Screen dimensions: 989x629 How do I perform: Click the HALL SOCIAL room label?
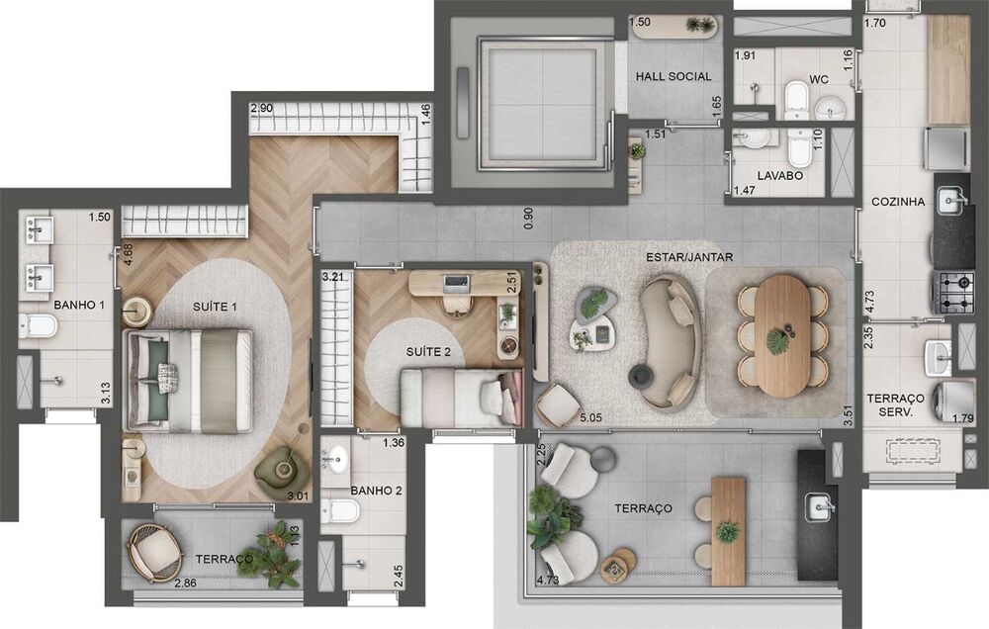tap(673, 76)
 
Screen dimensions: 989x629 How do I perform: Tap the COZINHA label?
tap(898, 202)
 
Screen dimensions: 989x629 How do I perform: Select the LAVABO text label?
tap(779, 175)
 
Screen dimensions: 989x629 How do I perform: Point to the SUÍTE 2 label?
tap(428, 351)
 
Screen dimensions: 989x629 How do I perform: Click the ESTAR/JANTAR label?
tap(689, 257)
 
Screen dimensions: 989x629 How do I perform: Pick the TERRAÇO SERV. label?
tap(896, 405)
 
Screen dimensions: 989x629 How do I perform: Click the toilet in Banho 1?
tap(38, 326)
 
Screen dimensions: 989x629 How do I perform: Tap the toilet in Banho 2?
tap(340, 510)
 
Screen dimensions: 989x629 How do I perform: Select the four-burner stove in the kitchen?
tap(953, 292)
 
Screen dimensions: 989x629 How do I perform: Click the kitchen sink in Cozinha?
tap(951, 201)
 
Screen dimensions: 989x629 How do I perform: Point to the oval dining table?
tap(782, 335)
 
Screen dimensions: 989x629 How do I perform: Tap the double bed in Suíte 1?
tap(189, 381)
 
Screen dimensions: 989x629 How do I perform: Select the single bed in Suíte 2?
tap(462, 398)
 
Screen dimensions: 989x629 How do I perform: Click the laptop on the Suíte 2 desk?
tap(456, 284)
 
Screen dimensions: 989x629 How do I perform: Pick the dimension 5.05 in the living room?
tap(591, 417)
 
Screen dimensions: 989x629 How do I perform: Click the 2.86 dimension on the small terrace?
tap(186, 583)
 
